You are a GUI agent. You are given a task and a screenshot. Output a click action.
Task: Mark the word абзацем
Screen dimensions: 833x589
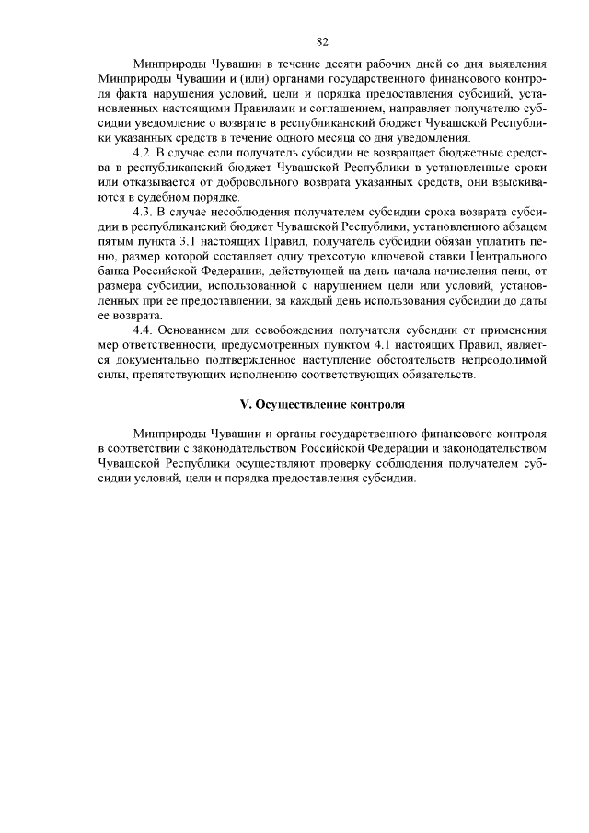coord(524,227)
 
